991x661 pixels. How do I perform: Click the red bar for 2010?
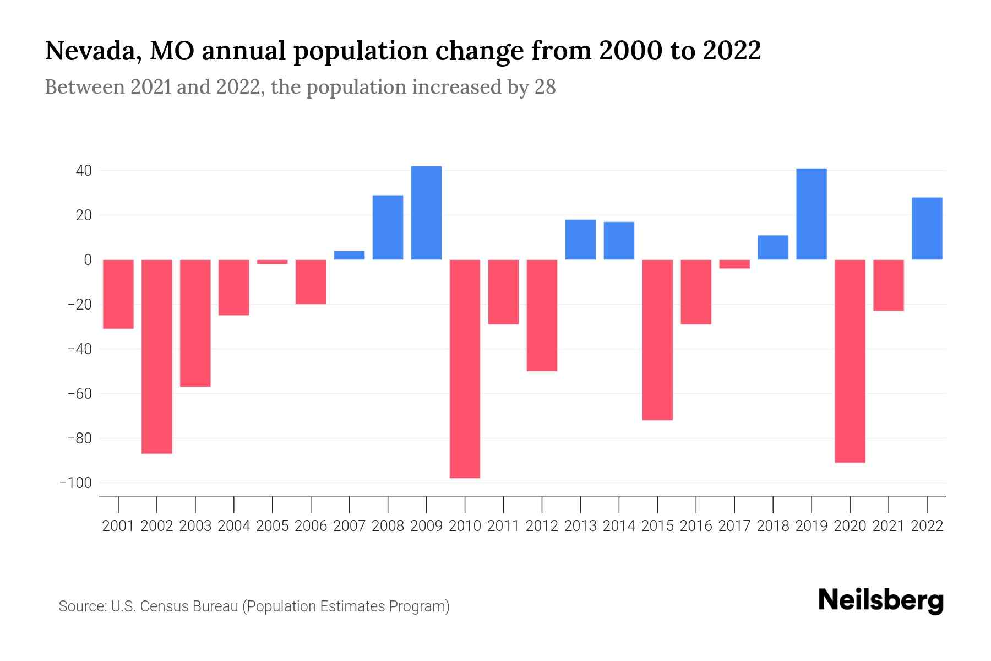[465, 369]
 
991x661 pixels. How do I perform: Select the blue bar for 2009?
[426, 213]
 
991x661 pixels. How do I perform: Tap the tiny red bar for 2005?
[272, 262]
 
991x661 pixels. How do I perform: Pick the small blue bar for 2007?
[349, 255]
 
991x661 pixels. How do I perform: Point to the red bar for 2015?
[657, 340]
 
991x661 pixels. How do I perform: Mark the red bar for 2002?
[157, 356]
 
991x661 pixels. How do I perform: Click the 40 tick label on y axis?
[84, 171]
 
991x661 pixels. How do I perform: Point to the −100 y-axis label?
[76, 483]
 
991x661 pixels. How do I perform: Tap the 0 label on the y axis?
[88, 259]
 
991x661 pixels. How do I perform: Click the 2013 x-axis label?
[580, 526]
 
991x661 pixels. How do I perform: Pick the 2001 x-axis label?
[118, 526]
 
